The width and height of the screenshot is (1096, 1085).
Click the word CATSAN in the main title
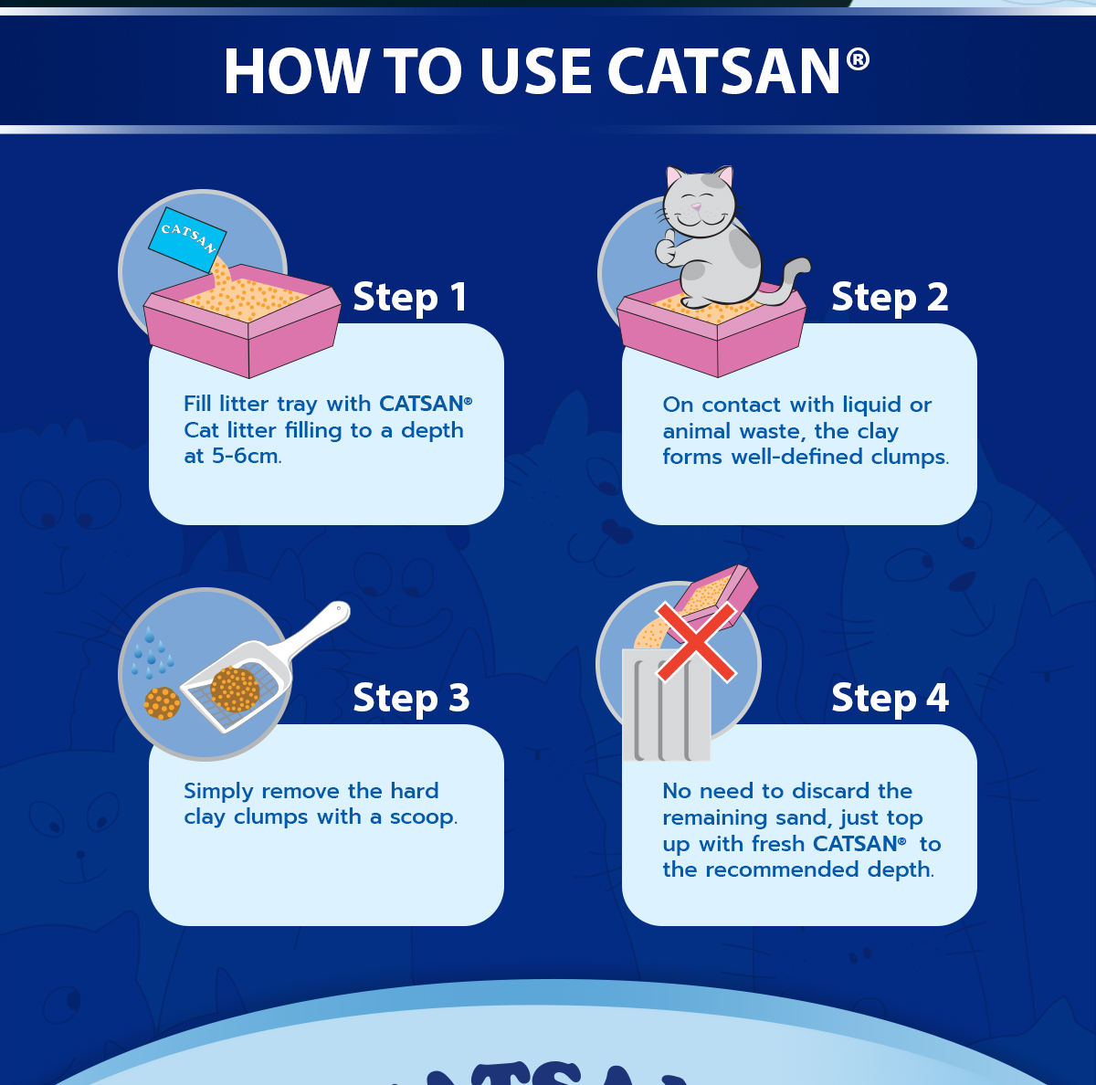click(x=723, y=72)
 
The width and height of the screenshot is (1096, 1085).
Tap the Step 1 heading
click(x=410, y=298)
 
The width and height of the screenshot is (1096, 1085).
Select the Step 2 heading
click(x=890, y=298)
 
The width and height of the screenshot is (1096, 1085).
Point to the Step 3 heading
click(x=411, y=699)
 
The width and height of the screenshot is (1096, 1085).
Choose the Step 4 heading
click(x=890, y=699)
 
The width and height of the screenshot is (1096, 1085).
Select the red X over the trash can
click(x=696, y=641)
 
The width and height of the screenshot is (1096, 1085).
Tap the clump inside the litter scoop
click(x=235, y=690)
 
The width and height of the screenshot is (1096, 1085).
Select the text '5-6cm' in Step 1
click(x=246, y=456)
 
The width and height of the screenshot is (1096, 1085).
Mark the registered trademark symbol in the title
click(x=858, y=60)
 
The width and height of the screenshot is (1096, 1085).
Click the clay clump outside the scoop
click(x=162, y=703)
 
